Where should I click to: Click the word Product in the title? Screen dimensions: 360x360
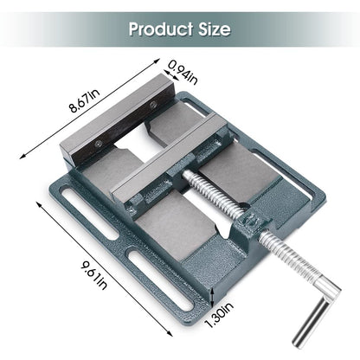(161, 29)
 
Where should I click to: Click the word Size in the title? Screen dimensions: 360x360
(215, 29)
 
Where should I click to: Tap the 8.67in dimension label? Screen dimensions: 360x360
(84, 100)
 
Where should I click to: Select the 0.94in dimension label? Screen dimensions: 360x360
(183, 73)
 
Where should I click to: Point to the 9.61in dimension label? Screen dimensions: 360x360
(94, 275)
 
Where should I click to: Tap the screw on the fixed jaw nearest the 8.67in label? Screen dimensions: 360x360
(153, 105)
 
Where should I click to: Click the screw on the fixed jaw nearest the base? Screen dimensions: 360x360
(100, 143)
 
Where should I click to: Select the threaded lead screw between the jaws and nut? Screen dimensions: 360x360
(215, 194)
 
